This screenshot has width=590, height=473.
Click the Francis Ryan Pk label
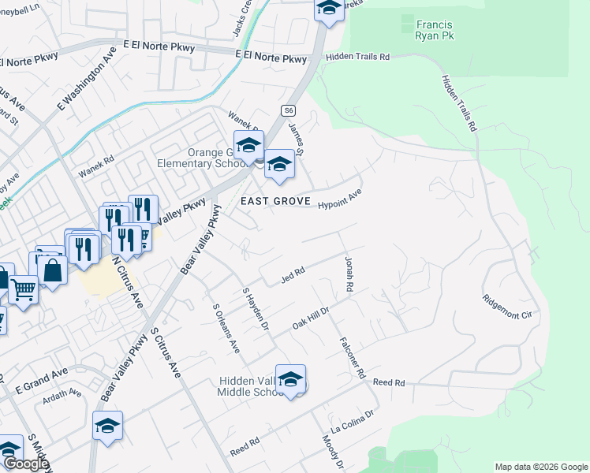(434, 30)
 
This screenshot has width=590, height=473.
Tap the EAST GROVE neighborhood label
(275, 202)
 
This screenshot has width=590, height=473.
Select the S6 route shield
(289, 110)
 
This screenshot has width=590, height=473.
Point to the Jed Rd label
(293, 275)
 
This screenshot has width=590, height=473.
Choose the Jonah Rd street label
(348, 273)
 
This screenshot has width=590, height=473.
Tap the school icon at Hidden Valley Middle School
(290, 379)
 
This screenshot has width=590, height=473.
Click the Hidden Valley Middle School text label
(250, 387)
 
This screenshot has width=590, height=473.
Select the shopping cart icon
(23, 289)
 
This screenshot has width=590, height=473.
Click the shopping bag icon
(52, 270)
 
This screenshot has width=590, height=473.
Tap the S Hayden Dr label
(256, 308)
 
